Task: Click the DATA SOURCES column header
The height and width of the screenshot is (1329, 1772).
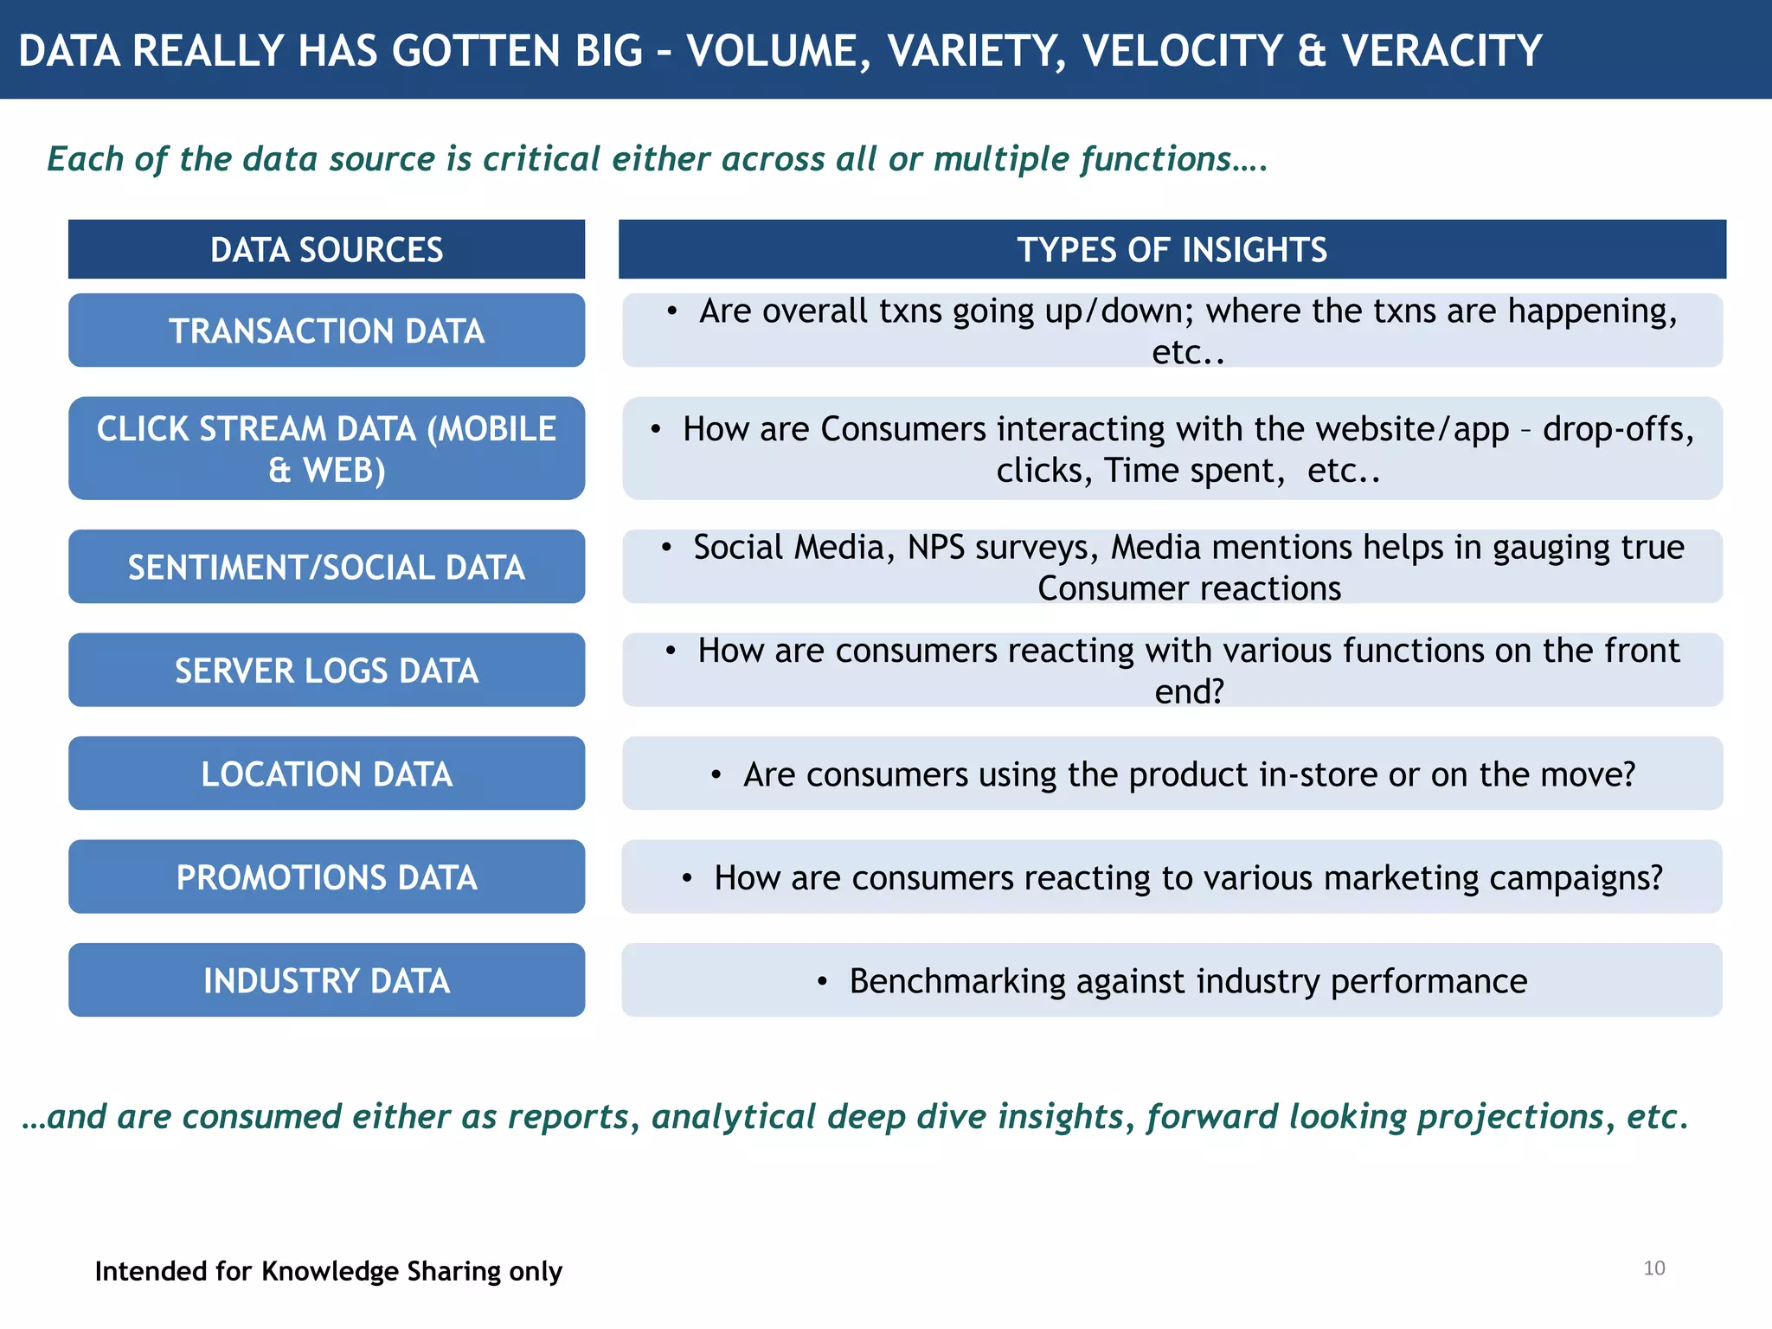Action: click(x=326, y=250)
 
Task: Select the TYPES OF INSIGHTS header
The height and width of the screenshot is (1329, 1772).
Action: click(x=1172, y=250)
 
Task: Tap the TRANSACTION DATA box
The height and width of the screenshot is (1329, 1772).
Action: click(x=326, y=331)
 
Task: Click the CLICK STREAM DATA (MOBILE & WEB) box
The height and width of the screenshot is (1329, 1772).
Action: click(x=326, y=448)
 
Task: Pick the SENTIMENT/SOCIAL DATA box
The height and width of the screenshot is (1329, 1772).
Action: click(x=326, y=567)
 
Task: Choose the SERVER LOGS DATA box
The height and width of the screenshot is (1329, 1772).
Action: click(x=326, y=671)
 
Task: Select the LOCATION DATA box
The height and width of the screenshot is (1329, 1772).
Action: click(x=326, y=774)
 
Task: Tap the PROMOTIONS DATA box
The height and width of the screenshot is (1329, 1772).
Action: click(x=326, y=877)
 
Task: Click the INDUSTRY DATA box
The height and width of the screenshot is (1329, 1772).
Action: click(x=326, y=980)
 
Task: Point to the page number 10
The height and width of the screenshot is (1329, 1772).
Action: click(x=1653, y=1268)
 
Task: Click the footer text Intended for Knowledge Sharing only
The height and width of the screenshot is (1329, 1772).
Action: click(x=328, y=1271)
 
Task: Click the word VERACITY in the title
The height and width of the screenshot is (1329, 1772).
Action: click(x=1441, y=50)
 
